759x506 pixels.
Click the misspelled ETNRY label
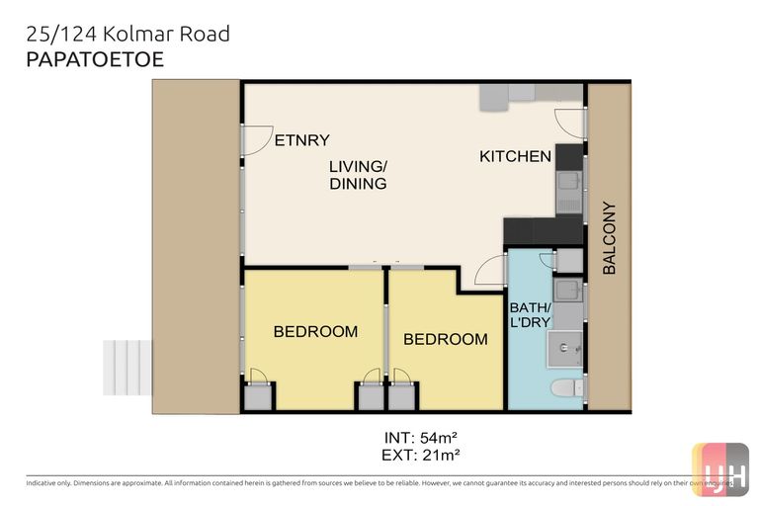pos(301,140)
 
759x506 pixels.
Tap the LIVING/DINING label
pos(358,175)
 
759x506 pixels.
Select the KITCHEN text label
pos(515,156)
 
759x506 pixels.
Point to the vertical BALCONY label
pos(609,238)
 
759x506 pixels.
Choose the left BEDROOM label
pos(315,331)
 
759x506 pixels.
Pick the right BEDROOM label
pos(445,339)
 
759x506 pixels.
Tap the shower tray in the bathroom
pos(566,348)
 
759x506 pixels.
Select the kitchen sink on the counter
pos(568,182)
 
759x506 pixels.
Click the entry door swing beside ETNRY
pos(257,140)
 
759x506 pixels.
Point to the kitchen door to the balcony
pos(571,121)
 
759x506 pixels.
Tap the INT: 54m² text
pos(420,436)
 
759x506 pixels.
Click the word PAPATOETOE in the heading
pos(95,59)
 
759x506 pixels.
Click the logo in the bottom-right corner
pos(719,468)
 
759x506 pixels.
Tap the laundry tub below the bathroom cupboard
pos(567,291)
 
